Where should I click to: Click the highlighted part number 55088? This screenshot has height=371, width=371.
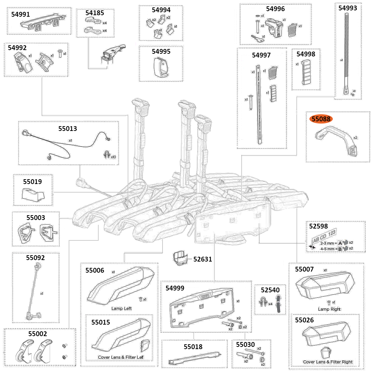[321, 119]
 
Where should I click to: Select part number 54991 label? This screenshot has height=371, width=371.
[22, 14]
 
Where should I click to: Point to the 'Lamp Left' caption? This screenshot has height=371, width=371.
[121, 308]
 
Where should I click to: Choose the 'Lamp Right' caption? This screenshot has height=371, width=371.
[329, 309]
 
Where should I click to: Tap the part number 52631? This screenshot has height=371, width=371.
[202, 259]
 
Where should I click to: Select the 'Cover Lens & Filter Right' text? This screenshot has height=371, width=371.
[328, 362]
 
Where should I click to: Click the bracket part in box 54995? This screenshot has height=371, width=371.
[160, 68]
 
